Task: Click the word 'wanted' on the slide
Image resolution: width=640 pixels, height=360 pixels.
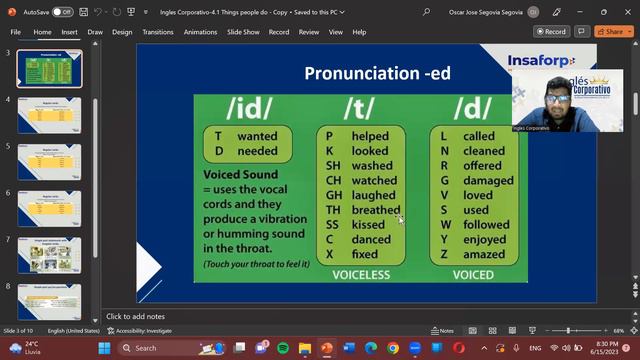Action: click(x=257, y=136)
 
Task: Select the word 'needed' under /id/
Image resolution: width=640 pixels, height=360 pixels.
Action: click(x=257, y=151)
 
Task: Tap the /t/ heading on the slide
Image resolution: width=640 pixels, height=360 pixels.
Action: click(x=360, y=108)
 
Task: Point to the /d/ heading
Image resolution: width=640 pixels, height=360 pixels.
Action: click(x=472, y=108)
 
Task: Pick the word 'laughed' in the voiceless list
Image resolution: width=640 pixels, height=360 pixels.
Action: click(x=373, y=196)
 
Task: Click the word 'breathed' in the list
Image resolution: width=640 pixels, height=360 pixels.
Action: click(x=376, y=211)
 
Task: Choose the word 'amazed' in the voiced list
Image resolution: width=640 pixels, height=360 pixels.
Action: click(x=485, y=255)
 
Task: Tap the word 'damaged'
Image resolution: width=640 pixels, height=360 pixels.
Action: click(x=488, y=181)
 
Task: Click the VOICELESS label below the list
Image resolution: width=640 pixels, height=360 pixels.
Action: click(x=360, y=272)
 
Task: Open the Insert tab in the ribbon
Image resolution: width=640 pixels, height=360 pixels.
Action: click(x=69, y=32)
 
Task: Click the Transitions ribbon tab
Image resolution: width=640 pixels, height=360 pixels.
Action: click(x=157, y=32)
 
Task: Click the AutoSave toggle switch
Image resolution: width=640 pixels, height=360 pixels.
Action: click(x=62, y=12)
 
